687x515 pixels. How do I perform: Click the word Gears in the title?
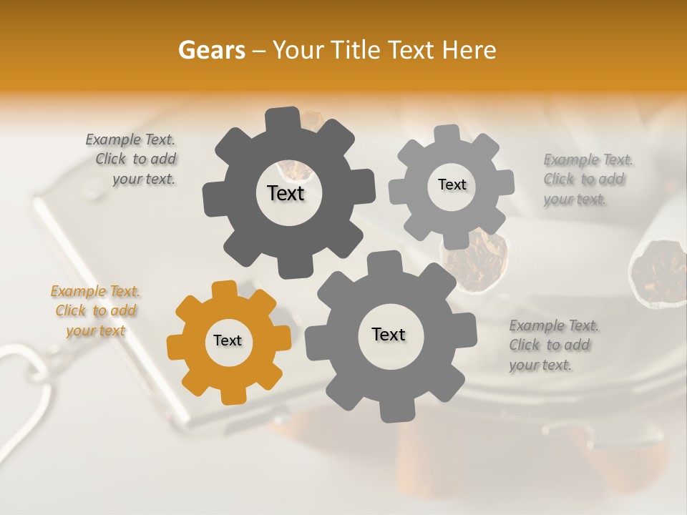pos(211,50)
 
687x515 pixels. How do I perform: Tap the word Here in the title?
pos(469,50)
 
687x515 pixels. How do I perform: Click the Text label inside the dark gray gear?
pos(286,193)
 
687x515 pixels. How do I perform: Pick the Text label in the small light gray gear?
pos(452,185)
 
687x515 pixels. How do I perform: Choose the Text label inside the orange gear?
pos(228,340)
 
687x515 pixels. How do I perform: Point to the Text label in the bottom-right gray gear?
pos(389,334)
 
